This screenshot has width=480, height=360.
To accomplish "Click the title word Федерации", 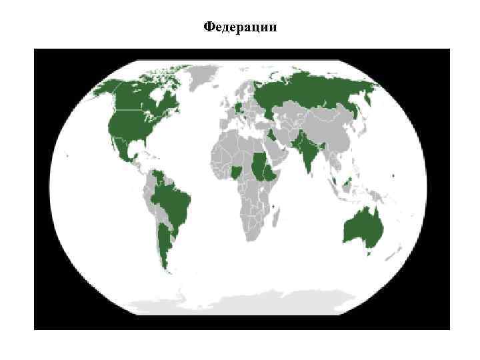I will point(239,27).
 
